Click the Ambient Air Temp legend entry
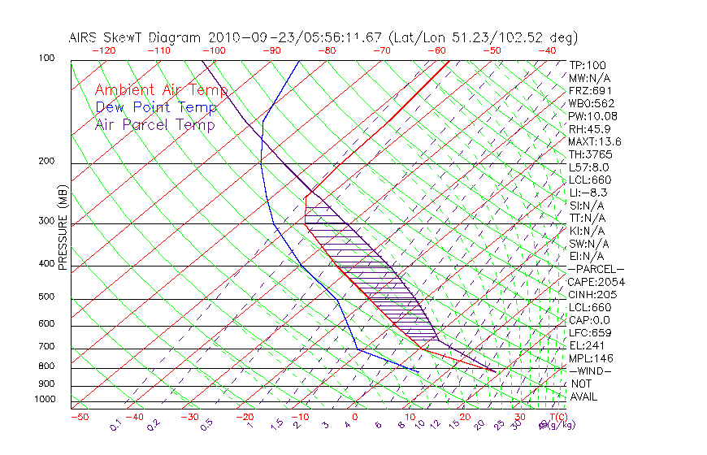[x=161, y=90]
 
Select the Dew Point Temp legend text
[x=156, y=107]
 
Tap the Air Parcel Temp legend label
[x=154, y=124]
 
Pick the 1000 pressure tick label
[x=46, y=399]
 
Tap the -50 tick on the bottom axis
[x=80, y=417]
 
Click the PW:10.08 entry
[x=592, y=116]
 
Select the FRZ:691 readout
[x=590, y=90]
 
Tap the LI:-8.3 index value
[x=588, y=193]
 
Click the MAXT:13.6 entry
[x=595, y=141]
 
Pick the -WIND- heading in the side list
[x=590, y=370]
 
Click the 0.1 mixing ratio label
[x=115, y=423]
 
